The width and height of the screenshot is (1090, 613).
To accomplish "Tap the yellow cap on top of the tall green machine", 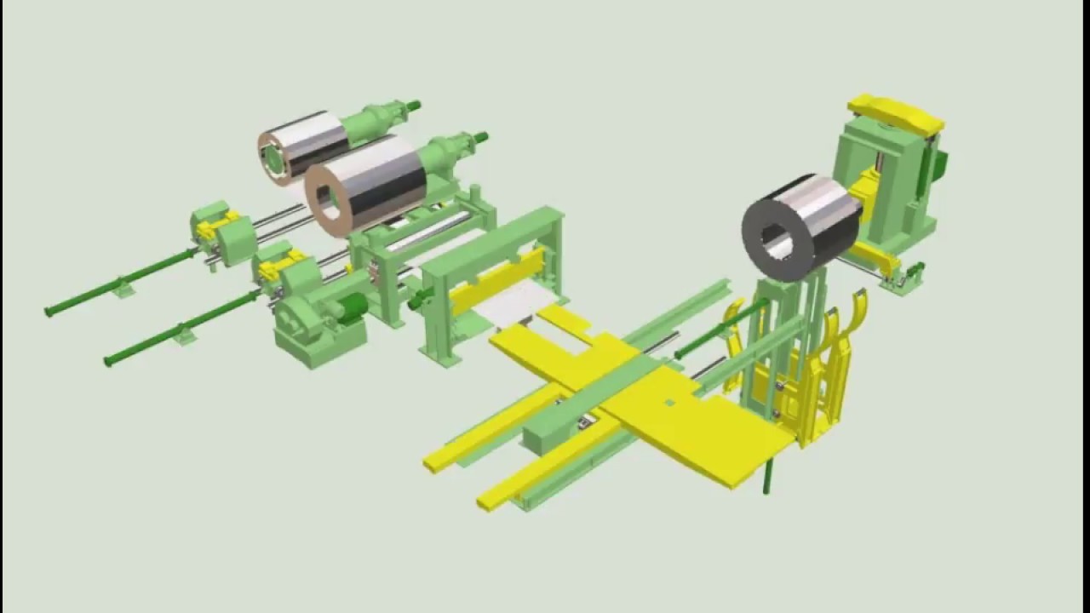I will point(894,113).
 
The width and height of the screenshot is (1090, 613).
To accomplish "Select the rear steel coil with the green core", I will point(303,145).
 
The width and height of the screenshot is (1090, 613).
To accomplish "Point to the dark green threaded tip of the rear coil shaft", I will point(413,106).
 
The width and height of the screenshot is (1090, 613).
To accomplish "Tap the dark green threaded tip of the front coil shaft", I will point(481,136).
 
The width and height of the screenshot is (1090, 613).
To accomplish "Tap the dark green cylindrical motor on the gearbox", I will point(351,310).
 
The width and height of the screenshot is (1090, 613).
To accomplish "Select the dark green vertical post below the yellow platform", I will point(766,477).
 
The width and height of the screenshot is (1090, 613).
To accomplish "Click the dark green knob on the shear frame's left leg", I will point(416,301).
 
